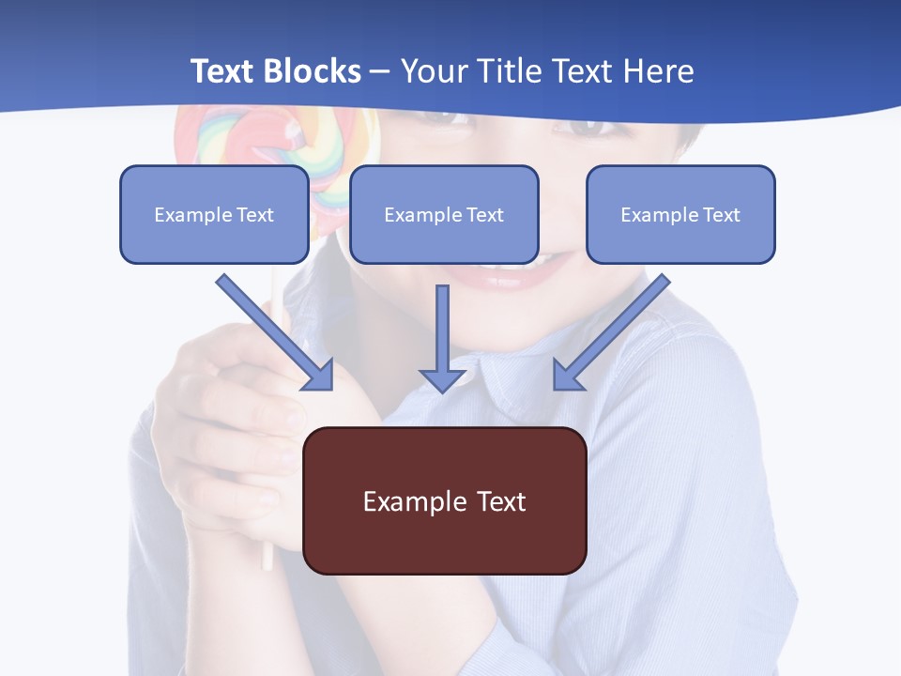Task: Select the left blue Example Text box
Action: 214,214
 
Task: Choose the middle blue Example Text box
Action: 444,214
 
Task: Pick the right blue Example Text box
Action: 680,214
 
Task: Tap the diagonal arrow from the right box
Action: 619,324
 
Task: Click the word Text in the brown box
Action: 502,501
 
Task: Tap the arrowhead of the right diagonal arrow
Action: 567,376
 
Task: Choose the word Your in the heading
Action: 435,71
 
